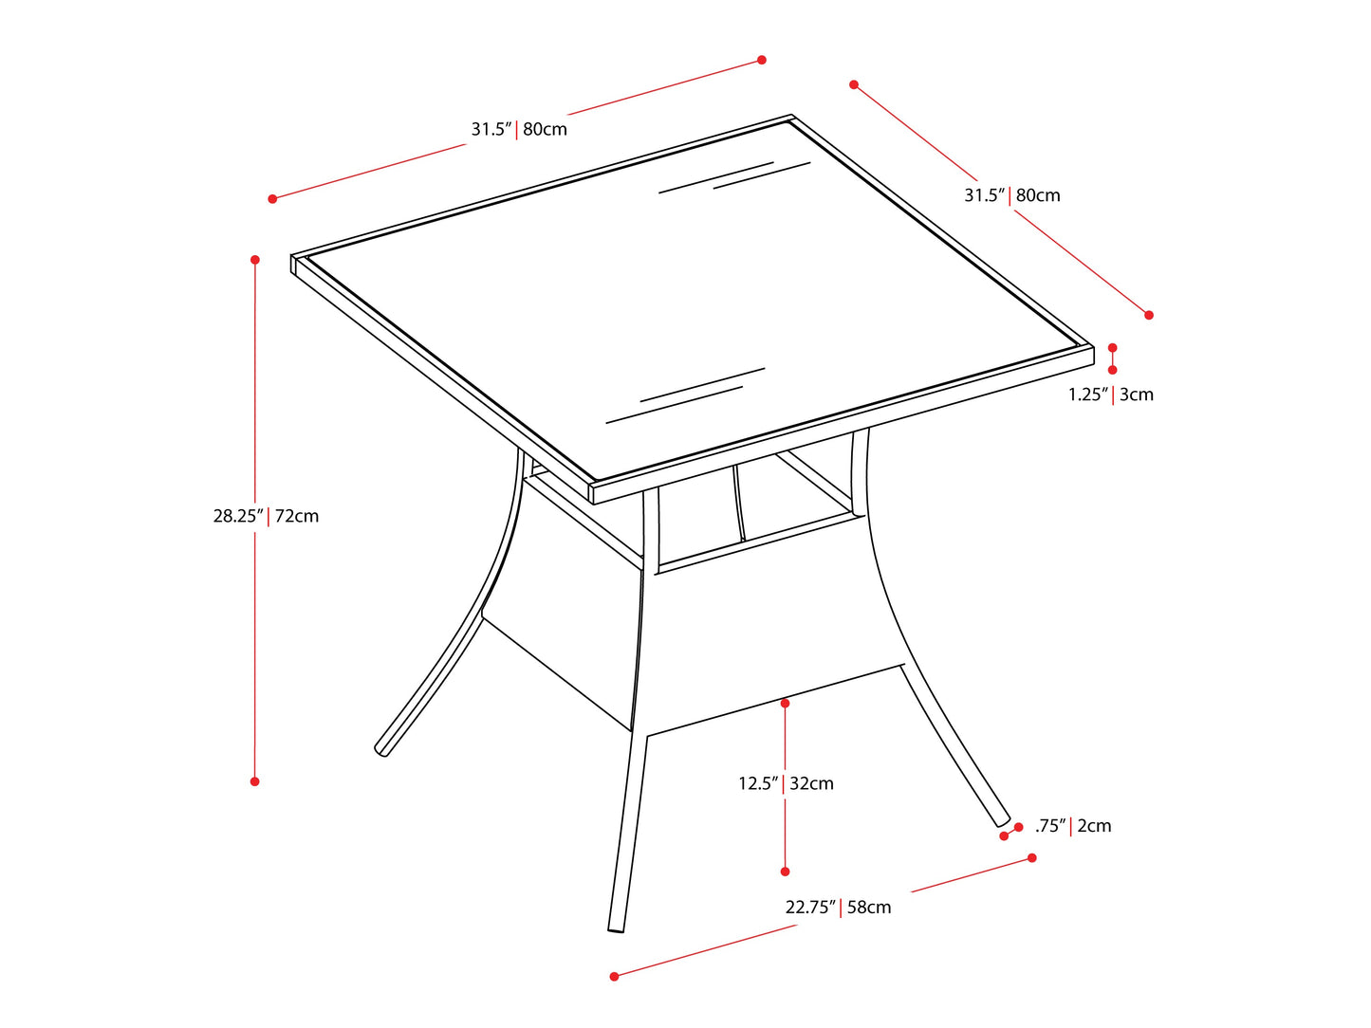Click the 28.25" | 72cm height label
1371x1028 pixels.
tap(266, 517)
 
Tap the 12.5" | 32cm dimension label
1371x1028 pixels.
tap(786, 783)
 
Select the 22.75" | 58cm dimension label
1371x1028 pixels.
tap(838, 908)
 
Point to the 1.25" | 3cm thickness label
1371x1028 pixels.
tap(1110, 395)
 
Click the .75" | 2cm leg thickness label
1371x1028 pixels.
tap(1073, 826)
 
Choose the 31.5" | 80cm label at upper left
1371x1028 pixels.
tap(519, 129)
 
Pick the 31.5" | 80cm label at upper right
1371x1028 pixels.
tap(1012, 195)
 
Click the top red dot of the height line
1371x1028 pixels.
tap(255, 259)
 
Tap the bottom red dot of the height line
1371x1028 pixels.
tap(254, 781)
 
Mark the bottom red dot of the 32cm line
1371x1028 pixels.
tap(785, 872)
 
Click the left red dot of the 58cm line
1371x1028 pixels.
tap(614, 976)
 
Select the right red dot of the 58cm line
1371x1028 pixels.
tap(1032, 857)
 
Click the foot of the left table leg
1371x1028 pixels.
tap(381, 751)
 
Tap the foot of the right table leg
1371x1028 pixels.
tap(1002, 820)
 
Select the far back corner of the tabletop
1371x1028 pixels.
tap(791, 117)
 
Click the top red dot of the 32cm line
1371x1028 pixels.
tap(785, 703)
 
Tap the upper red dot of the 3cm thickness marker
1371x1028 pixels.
tap(1112, 348)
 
